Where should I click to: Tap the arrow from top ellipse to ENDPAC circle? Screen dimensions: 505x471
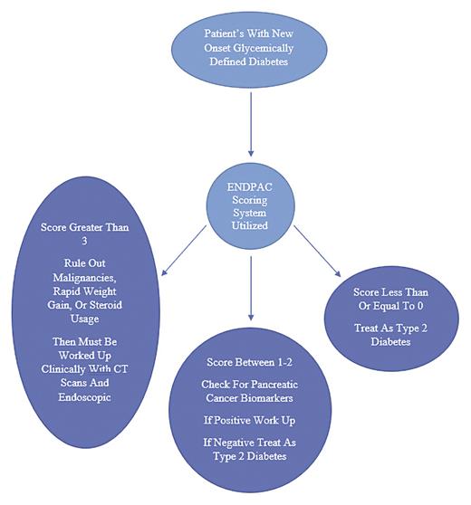(250, 117)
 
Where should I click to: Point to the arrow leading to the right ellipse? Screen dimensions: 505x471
(315, 251)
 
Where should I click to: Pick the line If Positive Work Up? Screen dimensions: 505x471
(249, 422)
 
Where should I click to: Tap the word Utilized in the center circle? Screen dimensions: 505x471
(249, 224)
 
